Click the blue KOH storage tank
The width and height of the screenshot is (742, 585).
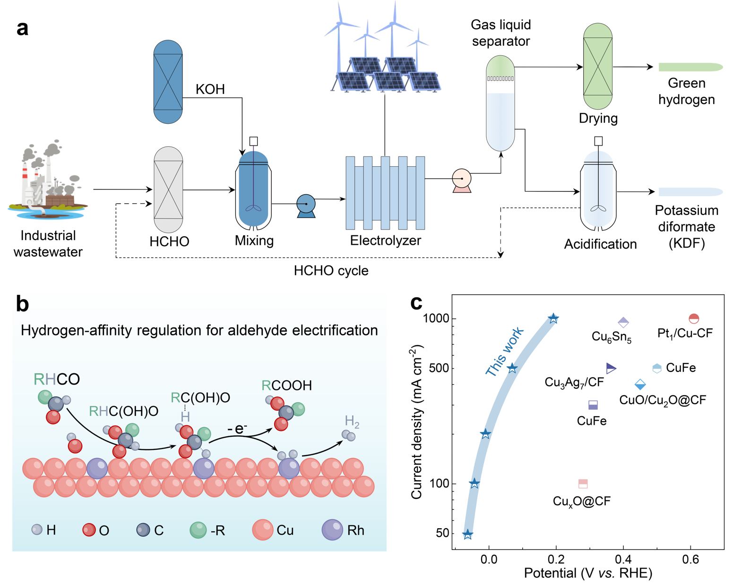click(168, 82)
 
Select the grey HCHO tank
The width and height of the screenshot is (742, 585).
click(168, 189)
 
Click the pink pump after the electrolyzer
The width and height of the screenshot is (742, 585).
click(462, 180)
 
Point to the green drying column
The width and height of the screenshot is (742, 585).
click(598, 66)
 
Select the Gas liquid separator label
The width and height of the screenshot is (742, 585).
click(500, 33)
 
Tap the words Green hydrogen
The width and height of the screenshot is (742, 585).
click(686, 91)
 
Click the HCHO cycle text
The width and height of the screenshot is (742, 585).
click(331, 271)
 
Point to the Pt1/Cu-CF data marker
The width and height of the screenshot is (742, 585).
click(693, 318)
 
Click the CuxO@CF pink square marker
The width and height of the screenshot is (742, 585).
click(583, 483)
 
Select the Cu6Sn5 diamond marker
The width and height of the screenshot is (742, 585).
click(623, 322)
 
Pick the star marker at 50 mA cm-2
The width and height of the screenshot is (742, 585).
click(468, 534)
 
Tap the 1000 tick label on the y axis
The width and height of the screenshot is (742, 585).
click(436, 318)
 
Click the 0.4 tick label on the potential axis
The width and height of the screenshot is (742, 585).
click(623, 560)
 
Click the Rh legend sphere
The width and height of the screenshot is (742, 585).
click(332, 530)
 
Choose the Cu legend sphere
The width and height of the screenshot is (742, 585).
click(262, 530)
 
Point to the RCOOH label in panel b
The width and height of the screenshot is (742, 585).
click(287, 386)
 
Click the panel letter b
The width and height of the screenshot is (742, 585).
click(22, 304)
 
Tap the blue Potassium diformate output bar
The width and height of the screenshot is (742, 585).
click(690, 192)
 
